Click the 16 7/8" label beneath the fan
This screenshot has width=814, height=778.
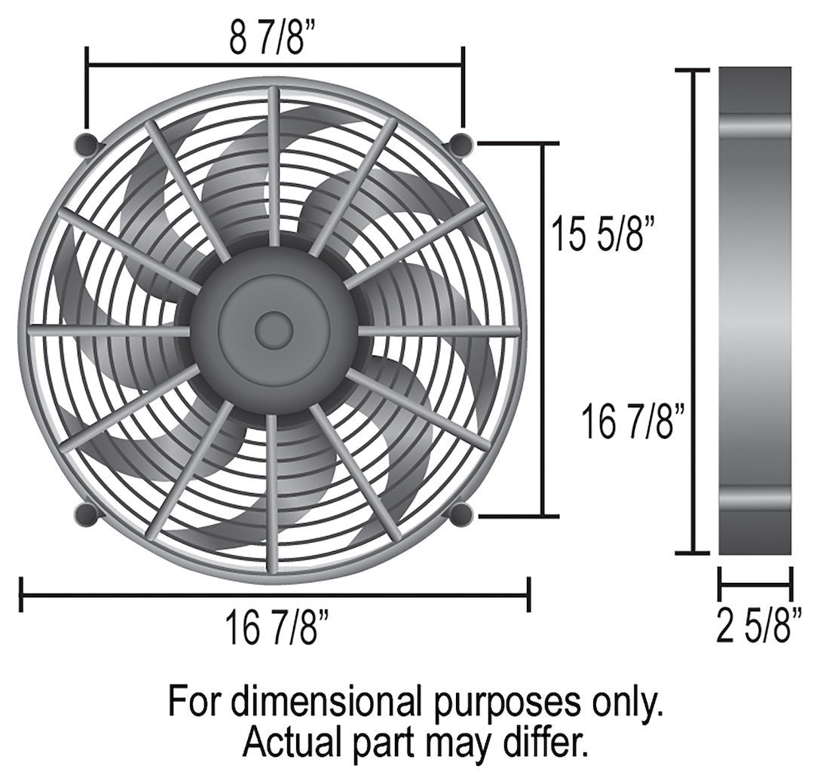pos(277,629)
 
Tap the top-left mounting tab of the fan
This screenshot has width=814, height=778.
pos(87,144)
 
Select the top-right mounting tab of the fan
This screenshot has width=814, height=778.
pos(461,143)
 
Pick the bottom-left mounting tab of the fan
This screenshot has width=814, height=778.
pos(87,515)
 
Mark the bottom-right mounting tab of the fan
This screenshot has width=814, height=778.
pos(461,515)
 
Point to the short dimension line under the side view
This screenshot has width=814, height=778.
pos(755,581)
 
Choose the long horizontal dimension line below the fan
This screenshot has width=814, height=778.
pos(275,596)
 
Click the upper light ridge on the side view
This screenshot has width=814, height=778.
pos(755,127)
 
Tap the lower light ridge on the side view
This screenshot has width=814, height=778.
pos(755,499)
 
